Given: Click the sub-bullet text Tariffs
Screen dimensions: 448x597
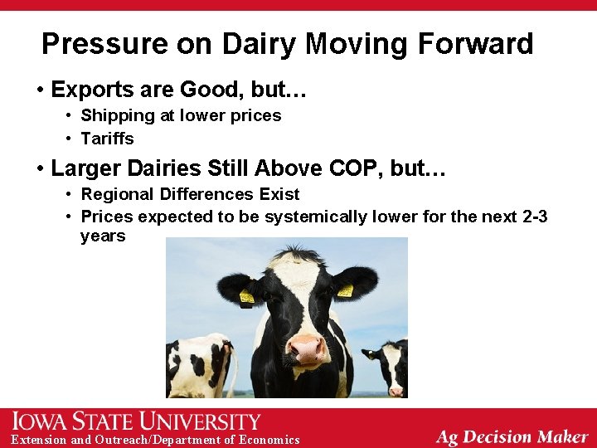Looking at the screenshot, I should coord(107,139).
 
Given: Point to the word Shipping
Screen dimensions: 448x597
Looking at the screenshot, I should coord(114,115).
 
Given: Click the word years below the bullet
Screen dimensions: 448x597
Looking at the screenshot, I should coord(103,236).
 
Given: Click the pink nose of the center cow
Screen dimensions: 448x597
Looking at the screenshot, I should coord(307,348).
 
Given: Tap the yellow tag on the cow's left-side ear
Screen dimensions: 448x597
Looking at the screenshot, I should coord(247,296).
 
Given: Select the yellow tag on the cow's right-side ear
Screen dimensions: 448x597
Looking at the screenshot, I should coord(345,290).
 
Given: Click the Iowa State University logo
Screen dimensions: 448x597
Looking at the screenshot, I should coord(137,421).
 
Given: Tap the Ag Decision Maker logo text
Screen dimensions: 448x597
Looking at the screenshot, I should coord(512,436).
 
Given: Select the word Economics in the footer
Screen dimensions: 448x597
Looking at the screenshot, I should coord(269,440).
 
